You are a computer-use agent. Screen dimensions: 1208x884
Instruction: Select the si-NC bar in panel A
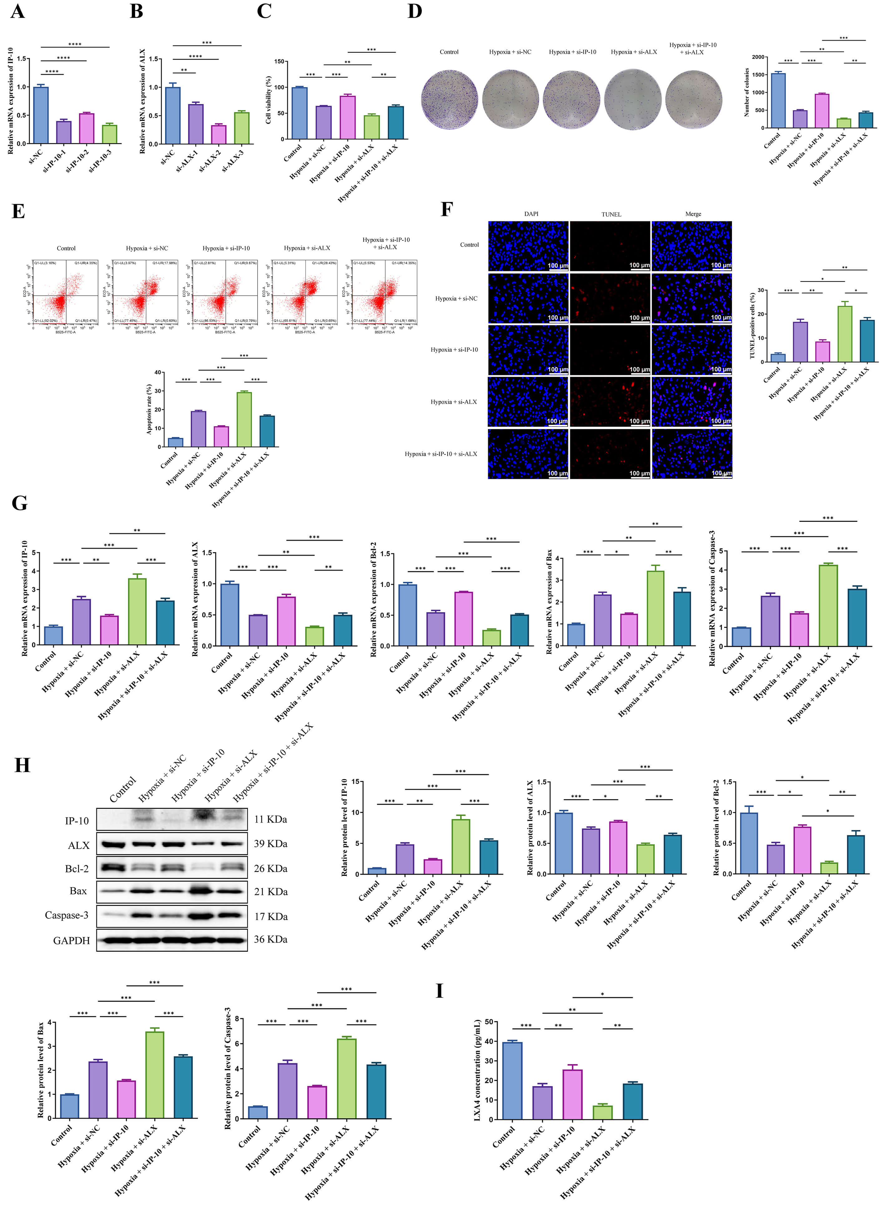[x=41, y=115]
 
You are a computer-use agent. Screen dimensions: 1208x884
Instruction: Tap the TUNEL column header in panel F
[x=611, y=214]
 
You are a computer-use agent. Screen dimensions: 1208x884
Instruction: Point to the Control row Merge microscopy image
[x=692, y=246]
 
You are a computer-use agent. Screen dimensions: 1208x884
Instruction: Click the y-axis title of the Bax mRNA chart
[x=549, y=602]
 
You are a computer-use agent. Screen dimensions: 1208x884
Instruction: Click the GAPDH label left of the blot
[x=71, y=940]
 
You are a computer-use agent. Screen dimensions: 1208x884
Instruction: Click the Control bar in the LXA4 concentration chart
[x=513, y=1081]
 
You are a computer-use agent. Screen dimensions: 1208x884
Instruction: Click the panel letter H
[x=22, y=765]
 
